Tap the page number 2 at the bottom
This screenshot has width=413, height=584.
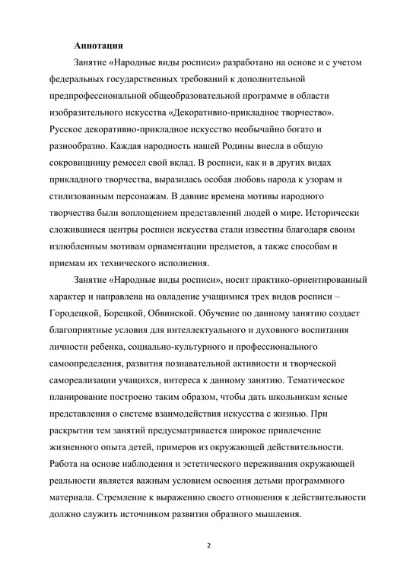point(207,544)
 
